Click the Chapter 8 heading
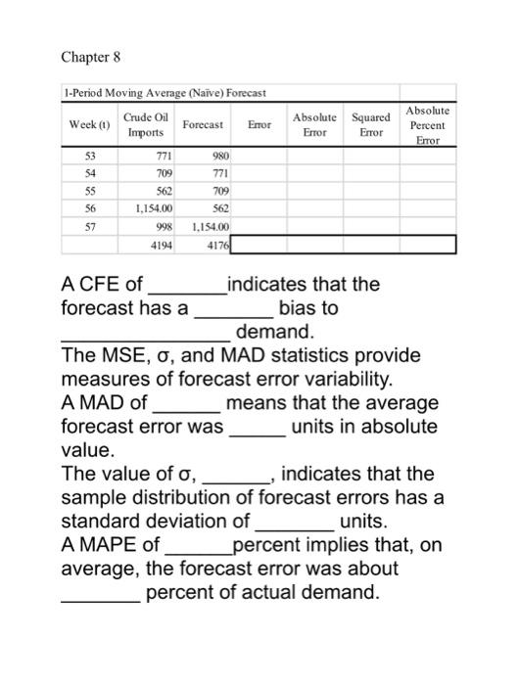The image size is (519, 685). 90,57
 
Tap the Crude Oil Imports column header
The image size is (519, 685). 147,125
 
